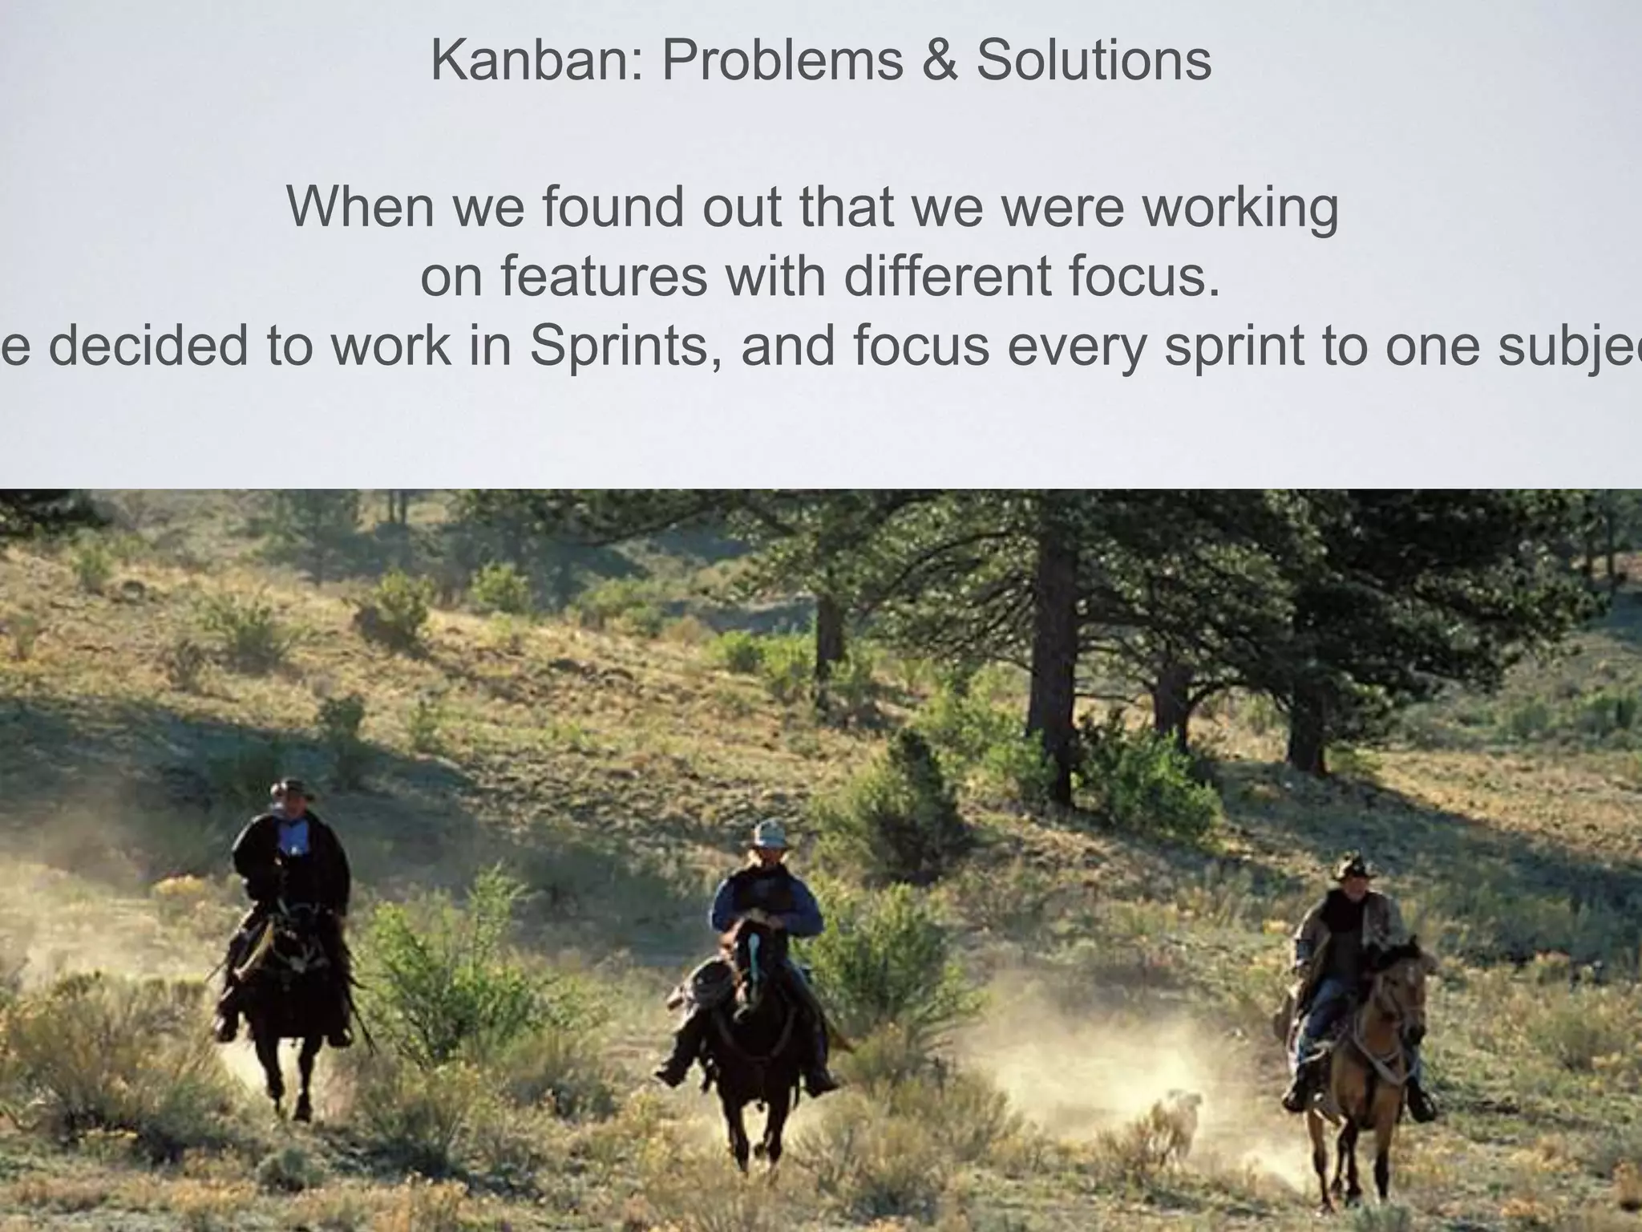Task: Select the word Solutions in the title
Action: click(1093, 60)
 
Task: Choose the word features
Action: click(605, 276)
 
